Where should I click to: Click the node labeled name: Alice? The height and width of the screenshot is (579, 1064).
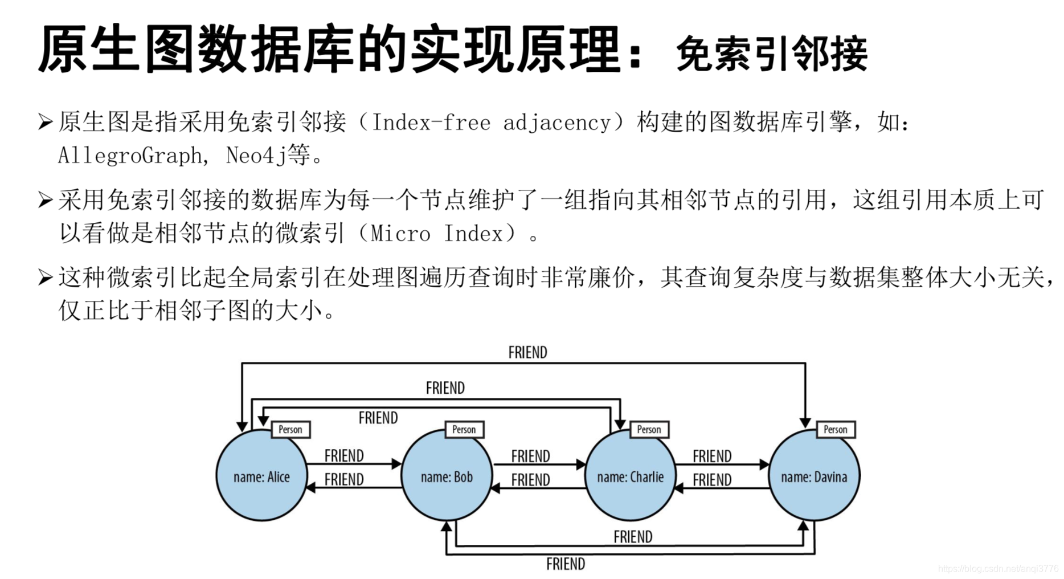(261, 476)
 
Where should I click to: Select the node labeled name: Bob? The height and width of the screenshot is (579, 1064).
(447, 476)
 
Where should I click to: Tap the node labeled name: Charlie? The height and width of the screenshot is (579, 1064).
(630, 476)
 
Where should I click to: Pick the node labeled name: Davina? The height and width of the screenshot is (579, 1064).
(814, 476)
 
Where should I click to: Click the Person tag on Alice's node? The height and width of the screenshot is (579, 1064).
(290, 429)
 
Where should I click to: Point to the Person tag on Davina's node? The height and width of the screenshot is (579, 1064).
(835, 429)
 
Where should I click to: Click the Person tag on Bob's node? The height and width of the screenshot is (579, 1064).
(464, 429)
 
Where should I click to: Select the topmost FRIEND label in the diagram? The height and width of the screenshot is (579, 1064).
(527, 352)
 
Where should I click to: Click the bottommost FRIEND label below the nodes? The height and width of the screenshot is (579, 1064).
(565, 564)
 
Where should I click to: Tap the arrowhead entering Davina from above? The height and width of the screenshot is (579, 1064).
(805, 422)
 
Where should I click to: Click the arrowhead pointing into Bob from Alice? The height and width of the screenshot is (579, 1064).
(396, 464)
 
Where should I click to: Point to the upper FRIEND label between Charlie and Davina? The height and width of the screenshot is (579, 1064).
(712, 456)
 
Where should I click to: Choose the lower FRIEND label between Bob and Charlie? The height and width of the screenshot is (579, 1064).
(530, 480)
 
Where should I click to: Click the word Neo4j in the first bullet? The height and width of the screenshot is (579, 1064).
(256, 155)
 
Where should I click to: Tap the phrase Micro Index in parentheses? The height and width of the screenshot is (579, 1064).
(437, 233)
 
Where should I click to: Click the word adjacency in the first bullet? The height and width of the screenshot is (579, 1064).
(557, 123)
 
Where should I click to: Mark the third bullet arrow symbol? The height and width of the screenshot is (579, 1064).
(45, 278)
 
